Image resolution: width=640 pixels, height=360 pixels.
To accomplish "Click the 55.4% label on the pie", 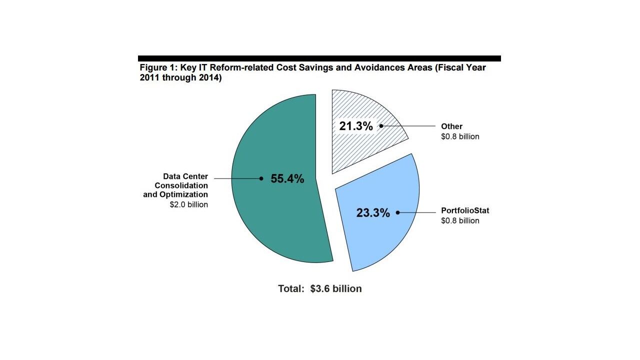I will pos(287,178).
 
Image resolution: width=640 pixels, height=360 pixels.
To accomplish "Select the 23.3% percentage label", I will pos(372,213).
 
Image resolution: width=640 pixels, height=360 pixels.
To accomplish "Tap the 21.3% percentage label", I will pos(356,126).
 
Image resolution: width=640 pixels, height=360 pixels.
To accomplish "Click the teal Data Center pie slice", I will pos(280,220).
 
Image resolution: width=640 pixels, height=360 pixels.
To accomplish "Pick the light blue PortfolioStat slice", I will pos(380,240).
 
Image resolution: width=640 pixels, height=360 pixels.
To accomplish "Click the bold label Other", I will pos(451,126).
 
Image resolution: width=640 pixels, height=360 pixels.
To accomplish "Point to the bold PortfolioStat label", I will pos(465,210).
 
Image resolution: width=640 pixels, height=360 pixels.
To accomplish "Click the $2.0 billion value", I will pos(189,204).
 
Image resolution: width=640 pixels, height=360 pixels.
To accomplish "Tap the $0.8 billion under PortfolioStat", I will pos(460,220).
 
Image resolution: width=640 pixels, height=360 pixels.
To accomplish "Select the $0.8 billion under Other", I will pos(460,136).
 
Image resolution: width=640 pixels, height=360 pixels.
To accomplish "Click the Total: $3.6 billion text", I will pos(320,288).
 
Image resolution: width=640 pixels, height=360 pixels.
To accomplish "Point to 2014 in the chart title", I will pos(206,78).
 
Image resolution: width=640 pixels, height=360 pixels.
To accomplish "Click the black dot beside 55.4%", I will pos(261,178).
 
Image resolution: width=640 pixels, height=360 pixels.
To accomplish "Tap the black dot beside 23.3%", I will pos(398,212).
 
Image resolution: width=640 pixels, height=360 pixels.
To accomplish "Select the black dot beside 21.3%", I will pos(381,126).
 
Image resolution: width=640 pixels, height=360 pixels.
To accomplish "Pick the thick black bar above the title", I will pos(319,58).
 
